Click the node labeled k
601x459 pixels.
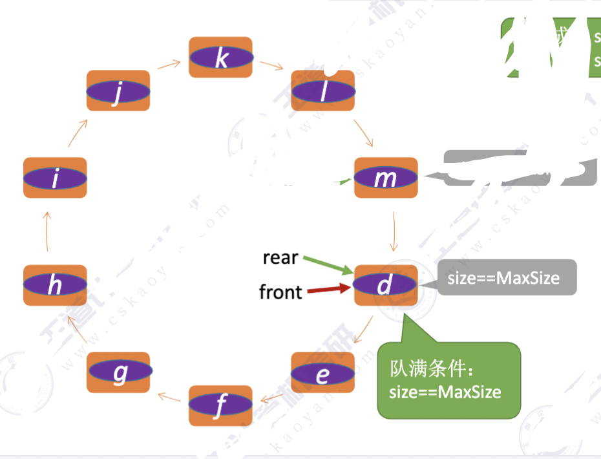(220, 58)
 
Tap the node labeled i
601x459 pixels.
(55, 178)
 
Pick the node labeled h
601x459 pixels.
(55, 284)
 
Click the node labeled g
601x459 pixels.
(120, 372)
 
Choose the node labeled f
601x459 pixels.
(220, 405)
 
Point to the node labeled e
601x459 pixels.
(322, 373)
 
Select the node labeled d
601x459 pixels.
(386, 284)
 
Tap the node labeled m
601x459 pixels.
(386, 178)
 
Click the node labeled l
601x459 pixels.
(322, 91)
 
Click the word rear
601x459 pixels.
(280, 258)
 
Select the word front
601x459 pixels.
(280, 292)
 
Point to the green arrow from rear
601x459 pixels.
(328, 265)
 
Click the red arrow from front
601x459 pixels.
(328, 290)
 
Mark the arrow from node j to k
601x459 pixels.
(169, 65)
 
